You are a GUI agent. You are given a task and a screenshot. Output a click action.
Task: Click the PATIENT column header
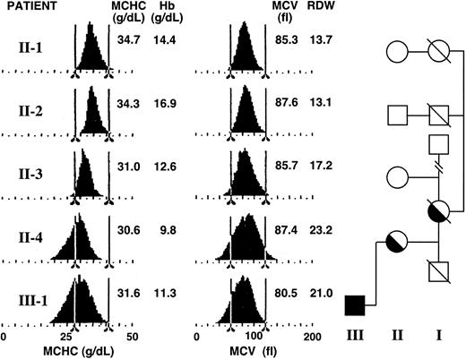[x=35, y=7]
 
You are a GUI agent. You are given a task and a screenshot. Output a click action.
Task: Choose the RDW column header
[x=320, y=7]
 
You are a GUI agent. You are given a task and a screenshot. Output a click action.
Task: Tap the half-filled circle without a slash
[x=395, y=240]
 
